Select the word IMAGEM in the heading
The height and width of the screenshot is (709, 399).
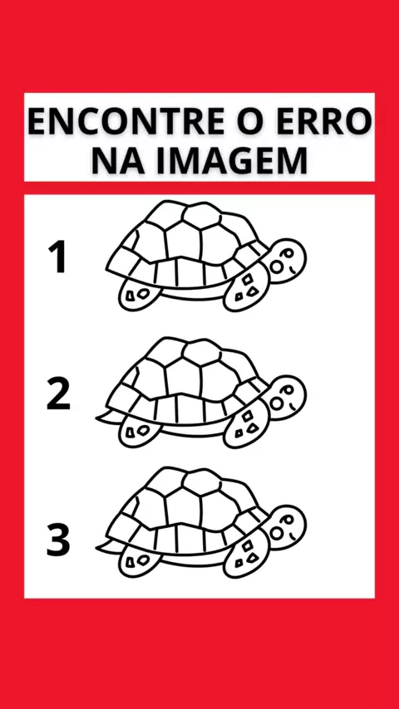232,160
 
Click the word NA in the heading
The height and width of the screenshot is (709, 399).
118,160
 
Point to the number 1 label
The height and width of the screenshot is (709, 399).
58,257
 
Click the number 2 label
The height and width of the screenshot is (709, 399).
58,394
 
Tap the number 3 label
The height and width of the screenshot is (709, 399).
58,540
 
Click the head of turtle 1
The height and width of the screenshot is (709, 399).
287,261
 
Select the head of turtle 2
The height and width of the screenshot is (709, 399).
287,398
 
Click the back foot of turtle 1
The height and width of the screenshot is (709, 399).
139,295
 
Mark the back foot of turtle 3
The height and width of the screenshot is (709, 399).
139,561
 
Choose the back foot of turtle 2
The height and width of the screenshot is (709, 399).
139,432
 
